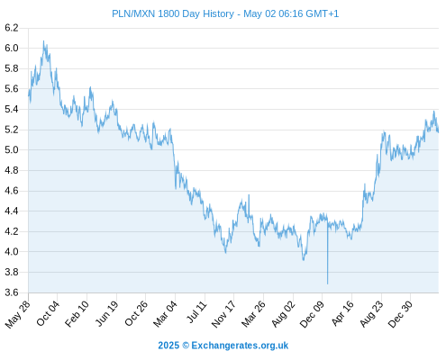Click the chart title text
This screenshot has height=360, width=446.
225,13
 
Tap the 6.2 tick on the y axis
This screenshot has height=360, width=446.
12,28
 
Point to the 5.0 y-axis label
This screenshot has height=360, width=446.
12,149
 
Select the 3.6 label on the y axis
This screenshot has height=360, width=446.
12,292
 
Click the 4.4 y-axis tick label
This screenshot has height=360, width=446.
12,211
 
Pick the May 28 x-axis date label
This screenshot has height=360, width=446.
18,314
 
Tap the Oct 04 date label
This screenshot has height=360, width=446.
48,313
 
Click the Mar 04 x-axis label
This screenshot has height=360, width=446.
165,314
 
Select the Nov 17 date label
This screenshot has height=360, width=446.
223,314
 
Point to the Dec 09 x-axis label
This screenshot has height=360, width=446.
312,314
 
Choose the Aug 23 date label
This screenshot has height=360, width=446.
371,314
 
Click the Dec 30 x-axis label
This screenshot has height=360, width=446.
400,314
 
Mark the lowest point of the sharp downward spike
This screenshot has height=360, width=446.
327,283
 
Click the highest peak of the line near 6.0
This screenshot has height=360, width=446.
43,40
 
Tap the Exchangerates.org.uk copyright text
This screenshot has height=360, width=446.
223,346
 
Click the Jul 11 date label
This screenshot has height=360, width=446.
197,312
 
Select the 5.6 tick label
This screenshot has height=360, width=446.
12,89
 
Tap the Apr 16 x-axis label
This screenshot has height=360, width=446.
342,313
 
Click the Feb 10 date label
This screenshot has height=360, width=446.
77,314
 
